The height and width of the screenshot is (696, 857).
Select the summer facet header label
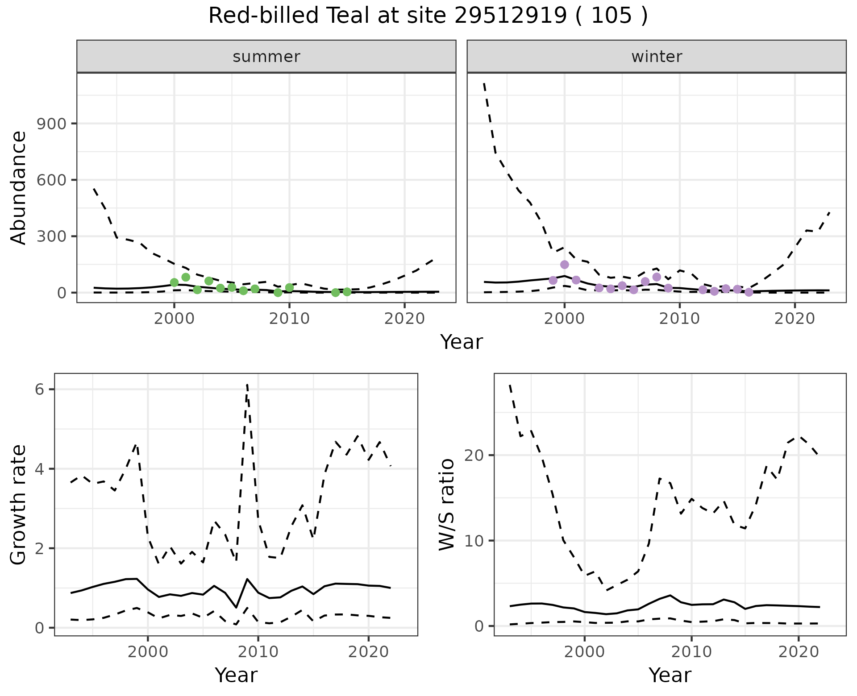pyautogui.click(x=266, y=57)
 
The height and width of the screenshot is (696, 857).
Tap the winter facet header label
pyautogui.click(x=656, y=57)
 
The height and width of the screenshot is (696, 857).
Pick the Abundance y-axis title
pyautogui.click(x=19, y=187)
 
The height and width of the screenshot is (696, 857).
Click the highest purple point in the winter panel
pyautogui.click(x=564, y=265)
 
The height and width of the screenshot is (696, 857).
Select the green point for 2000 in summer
pyautogui.click(x=174, y=282)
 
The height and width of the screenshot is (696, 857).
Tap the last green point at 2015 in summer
pyautogui.click(x=347, y=292)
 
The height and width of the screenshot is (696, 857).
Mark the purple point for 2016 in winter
pyautogui.click(x=749, y=292)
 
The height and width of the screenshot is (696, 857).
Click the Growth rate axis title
pyautogui.click(x=19, y=505)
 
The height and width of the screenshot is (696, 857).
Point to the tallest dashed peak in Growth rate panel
pyautogui.click(x=247, y=385)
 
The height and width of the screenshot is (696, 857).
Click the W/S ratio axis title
pyautogui.click(x=446, y=505)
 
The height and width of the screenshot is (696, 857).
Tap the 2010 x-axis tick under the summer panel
pyautogui.click(x=289, y=319)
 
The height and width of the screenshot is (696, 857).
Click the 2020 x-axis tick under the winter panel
pyautogui.click(x=795, y=319)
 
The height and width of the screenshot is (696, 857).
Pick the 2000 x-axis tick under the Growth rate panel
pyautogui.click(x=148, y=652)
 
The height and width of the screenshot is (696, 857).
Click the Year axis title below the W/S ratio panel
pyautogui.click(x=670, y=675)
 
